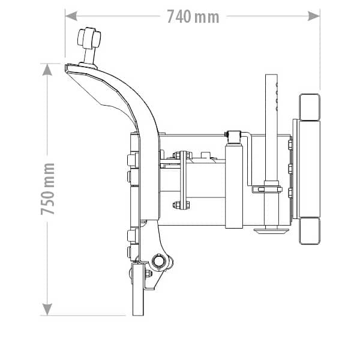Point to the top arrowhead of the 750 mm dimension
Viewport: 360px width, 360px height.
point(47,69)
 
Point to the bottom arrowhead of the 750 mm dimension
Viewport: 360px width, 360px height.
point(47,310)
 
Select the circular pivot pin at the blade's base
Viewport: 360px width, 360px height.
point(160,262)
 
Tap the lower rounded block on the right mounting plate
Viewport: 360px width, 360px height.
point(310,231)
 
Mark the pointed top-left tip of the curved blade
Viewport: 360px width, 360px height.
point(67,68)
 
